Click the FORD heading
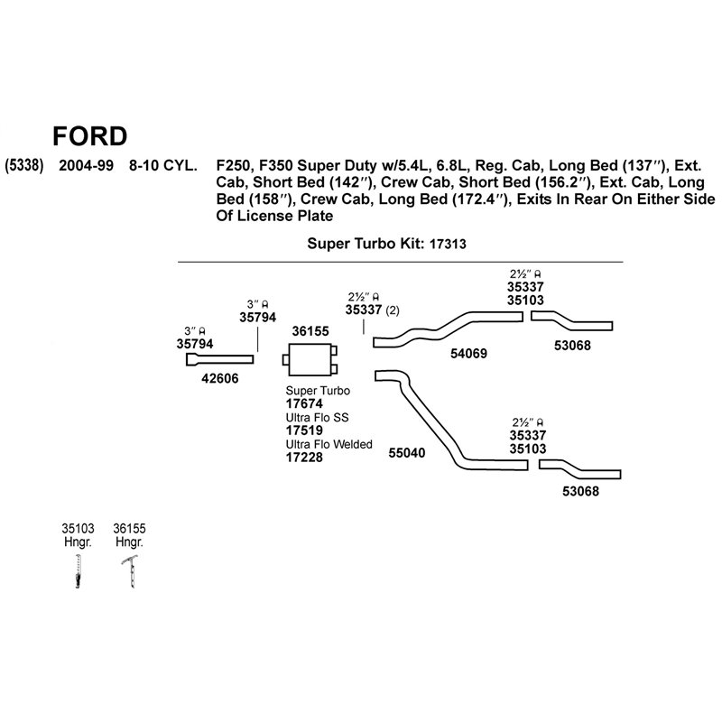pyautogui.click(x=89, y=136)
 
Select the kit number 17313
pyautogui.click(x=448, y=244)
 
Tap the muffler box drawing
pyautogui.click(x=310, y=359)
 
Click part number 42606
pyautogui.click(x=220, y=378)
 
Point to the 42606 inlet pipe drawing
pyautogui.click(x=219, y=359)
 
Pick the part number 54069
pyautogui.click(x=468, y=353)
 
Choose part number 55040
pyautogui.click(x=407, y=453)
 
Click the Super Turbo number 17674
pyautogui.click(x=304, y=403)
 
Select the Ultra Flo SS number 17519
pyautogui.click(x=304, y=430)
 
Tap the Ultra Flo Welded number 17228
pyautogui.click(x=304, y=458)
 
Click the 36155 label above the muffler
pyautogui.click(x=310, y=331)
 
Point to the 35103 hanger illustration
pyautogui.click(x=79, y=571)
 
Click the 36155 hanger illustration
pyautogui.click(x=132, y=572)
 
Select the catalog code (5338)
pyautogui.click(x=24, y=165)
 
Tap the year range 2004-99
pyautogui.click(x=86, y=165)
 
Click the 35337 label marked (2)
pyautogui.click(x=364, y=310)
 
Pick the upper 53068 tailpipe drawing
pyautogui.click(x=571, y=322)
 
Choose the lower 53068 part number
pyautogui.click(x=580, y=491)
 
